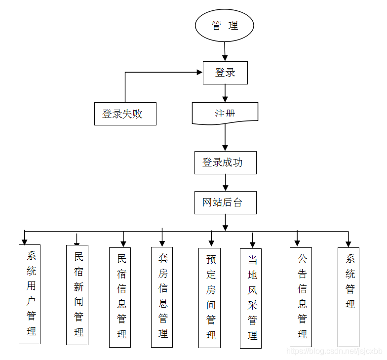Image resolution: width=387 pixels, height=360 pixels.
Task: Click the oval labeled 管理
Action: pyautogui.click(x=225, y=26)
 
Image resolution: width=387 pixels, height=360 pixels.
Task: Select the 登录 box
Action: pyautogui.click(x=225, y=73)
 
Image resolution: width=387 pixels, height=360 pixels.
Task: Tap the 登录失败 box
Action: pyautogui.click(x=125, y=114)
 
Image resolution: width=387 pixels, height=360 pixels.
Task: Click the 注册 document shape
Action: pyautogui.click(x=225, y=113)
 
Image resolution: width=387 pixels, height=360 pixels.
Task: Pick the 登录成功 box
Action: pyautogui.click(x=225, y=162)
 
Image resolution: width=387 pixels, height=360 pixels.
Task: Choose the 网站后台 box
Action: pyautogui.click(x=225, y=202)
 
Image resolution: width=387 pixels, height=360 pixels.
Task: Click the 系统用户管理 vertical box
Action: pyautogui.click(x=30, y=294)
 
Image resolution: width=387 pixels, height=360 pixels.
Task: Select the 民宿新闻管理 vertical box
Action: pyautogui.click(x=77, y=295)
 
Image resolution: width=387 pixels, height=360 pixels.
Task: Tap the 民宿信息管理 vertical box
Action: pyautogui.click(x=120, y=297)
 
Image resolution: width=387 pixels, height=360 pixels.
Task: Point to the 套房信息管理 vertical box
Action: pyautogui.click(x=162, y=297)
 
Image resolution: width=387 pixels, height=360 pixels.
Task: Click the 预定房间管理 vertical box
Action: pyautogui.click(x=210, y=297)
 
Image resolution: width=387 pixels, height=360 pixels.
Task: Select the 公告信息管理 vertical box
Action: pyautogui.click(x=301, y=297)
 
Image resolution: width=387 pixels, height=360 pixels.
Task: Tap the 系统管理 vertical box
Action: pyautogui.click(x=348, y=297)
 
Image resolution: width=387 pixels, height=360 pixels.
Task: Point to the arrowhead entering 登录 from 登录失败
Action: pyautogui.click(x=199, y=73)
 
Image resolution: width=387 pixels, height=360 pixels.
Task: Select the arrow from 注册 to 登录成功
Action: pyautogui.click(x=225, y=137)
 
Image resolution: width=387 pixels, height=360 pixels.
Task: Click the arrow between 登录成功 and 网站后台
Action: pyautogui.click(x=225, y=183)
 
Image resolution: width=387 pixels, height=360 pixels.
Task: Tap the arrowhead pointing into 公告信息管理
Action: pyautogui.click(x=297, y=242)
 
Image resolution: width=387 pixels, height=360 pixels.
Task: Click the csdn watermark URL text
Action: pyautogui.click(x=335, y=351)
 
